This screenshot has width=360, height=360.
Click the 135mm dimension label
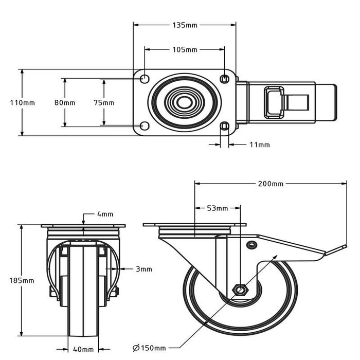pyautogui.click(x=184, y=24)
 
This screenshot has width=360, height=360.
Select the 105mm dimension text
pyautogui.click(x=184, y=49)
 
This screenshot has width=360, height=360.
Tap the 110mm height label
pyautogui.click(x=22, y=102)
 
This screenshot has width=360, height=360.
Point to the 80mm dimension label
pyautogui.click(x=64, y=102)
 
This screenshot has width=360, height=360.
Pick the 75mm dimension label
pyautogui.click(x=104, y=102)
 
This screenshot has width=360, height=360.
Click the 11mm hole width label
pyautogui.click(x=259, y=145)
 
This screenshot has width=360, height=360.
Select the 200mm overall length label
pyautogui.click(x=271, y=183)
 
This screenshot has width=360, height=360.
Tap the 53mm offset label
pyautogui.click(x=217, y=208)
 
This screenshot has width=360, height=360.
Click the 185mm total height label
pyautogui.click(x=22, y=280)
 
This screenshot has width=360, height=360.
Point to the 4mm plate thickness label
pyautogui.click(x=105, y=214)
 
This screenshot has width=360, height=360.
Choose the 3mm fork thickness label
pyautogui.click(x=144, y=268)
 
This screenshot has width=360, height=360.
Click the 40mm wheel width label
pyautogui.click(x=83, y=350)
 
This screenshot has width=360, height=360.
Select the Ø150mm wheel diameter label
pyautogui.click(x=149, y=348)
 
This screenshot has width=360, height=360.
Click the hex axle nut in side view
pyautogui.click(x=239, y=290)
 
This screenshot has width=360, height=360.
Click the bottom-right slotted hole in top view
pyautogui.click(x=224, y=126)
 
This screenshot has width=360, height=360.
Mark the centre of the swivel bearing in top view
pyautogui.click(x=183, y=102)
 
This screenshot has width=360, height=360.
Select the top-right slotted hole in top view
pyautogui.click(x=224, y=79)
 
